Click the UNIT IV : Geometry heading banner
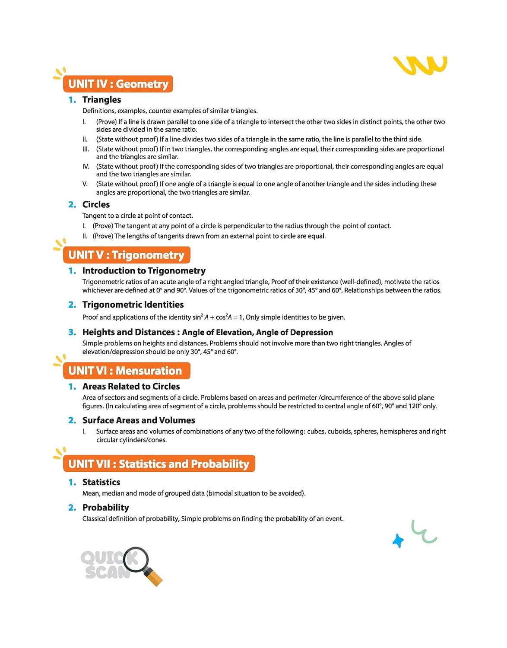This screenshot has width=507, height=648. pos(118,84)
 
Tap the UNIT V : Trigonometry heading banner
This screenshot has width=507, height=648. pos(126,255)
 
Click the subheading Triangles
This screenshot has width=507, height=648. pos(101,100)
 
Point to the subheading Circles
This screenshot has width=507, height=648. pos(96,204)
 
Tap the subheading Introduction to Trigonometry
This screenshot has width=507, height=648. pos(144,271)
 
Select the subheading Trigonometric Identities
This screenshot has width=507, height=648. pos(133,305)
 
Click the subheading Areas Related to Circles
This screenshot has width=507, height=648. pos(131,386)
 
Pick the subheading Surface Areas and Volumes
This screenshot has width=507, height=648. pos(139,420)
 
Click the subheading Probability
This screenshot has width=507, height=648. pos(105,507)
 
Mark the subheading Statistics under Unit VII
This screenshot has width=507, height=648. pos(101,482)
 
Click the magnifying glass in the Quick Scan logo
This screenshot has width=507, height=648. pos(142,565)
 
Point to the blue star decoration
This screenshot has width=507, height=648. pos(398,540)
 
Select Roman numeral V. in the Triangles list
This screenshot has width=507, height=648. pos(85,184)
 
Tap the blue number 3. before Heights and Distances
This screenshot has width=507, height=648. pos(72,332)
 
